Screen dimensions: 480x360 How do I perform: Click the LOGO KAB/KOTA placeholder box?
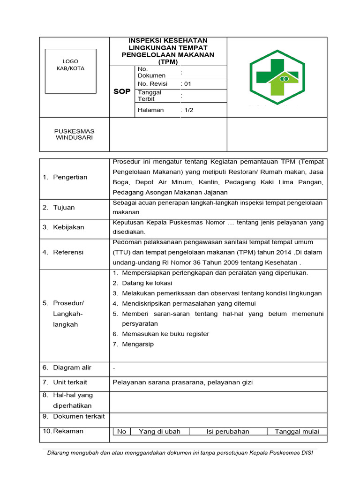[x=70, y=71]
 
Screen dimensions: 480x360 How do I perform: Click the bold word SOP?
[x=122, y=91]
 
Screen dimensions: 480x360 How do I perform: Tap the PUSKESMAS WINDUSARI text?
[x=74, y=134]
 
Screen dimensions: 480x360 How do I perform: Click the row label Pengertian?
[x=70, y=177]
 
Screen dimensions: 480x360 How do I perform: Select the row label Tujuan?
[x=64, y=208]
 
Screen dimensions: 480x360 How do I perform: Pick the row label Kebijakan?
[x=68, y=227]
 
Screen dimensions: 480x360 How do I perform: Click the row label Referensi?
[x=68, y=252]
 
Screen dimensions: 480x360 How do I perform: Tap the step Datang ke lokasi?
[x=147, y=283]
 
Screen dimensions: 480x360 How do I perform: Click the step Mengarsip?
[x=137, y=344]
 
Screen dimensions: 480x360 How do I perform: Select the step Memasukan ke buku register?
[x=165, y=334]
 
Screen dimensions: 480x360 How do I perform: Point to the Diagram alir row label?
[x=72, y=368]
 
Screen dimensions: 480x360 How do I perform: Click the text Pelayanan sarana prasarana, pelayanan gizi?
[x=183, y=382]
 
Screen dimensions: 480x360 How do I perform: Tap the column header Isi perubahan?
[x=228, y=432]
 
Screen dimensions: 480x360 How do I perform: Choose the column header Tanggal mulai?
[x=297, y=432]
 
